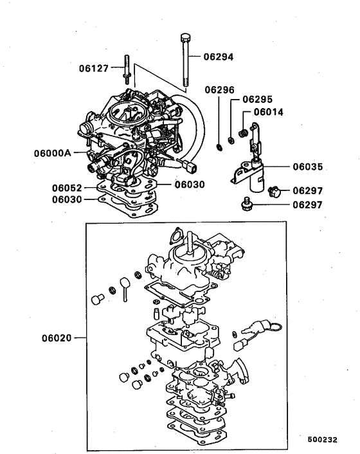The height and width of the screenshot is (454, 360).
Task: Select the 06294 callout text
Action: [219, 57]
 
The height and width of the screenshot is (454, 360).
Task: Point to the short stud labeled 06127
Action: [127, 70]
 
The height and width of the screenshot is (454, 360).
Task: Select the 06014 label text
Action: [269, 111]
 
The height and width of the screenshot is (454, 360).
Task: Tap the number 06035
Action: [308, 167]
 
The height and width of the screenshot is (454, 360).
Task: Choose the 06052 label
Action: [67, 188]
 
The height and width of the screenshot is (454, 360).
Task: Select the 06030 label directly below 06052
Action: [67, 199]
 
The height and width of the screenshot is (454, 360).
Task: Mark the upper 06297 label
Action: [308, 190]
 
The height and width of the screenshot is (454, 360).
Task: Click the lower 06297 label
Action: [307, 205]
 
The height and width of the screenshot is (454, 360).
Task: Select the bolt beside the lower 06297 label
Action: [244, 204]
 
